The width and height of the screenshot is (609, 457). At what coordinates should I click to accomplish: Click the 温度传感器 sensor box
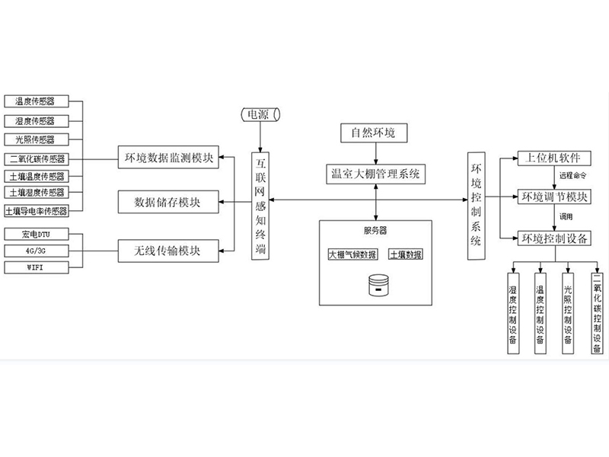point(35,101)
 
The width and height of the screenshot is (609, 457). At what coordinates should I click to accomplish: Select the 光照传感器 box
point(35,139)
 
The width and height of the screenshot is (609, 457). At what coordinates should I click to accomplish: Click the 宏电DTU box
point(35,232)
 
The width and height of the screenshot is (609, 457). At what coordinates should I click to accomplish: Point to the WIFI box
point(35,267)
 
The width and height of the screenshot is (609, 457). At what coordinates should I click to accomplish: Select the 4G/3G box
point(35,250)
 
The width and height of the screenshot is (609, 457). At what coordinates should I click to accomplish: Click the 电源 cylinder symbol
point(260,116)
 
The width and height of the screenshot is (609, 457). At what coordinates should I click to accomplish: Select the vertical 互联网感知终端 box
point(262,206)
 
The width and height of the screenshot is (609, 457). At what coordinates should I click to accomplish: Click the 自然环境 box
point(378,134)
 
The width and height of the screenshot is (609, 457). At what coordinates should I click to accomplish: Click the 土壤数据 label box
point(406,254)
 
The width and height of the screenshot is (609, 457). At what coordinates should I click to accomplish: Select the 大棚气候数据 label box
point(352,254)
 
